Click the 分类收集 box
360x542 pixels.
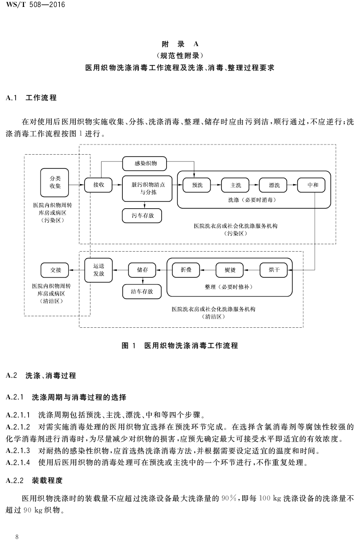(x=54, y=182)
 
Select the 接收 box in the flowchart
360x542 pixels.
(x=98, y=185)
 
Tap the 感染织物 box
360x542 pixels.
(x=144, y=163)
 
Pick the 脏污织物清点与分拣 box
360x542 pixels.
(x=147, y=189)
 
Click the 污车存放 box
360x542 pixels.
(x=142, y=216)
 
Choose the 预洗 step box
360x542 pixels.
(x=197, y=185)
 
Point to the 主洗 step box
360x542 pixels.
(x=236, y=185)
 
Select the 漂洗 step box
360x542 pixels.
(x=274, y=185)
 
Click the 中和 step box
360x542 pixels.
(x=312, y=185)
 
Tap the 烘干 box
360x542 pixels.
(x=274, y=270)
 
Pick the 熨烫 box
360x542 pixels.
(x=230, y=270)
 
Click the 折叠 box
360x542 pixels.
(x=186, y=270)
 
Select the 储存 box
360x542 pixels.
(x=142, y=270)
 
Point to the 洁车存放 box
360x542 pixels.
(x=142, y=292)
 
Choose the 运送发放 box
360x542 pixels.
(x=99, y=270)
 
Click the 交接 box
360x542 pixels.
(x=55, y=270)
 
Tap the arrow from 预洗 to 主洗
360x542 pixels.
(x=216, y=185)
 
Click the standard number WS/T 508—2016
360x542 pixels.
(x=36, y=5)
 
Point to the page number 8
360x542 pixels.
(x=17, y=536)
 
